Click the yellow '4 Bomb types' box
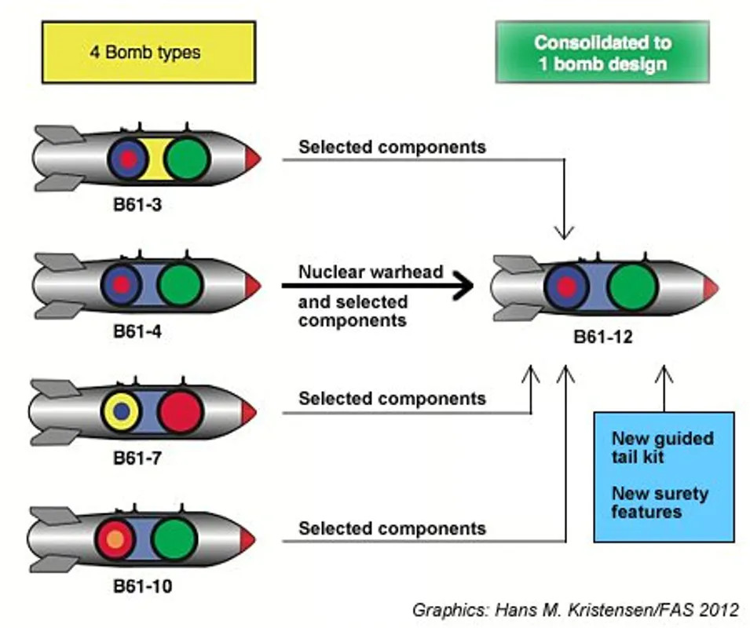[148, 52]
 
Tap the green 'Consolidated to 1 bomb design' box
[602, 52]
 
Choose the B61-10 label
[141, 586]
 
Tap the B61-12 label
[602, 338]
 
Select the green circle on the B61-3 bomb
[188, 157]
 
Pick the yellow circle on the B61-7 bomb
[122, 410]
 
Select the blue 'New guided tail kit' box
[664, 476]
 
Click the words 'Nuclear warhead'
[371, 272]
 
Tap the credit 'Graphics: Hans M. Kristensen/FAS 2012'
[575, 608]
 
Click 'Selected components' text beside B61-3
[392, 147]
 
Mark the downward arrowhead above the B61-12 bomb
[564, 232]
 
